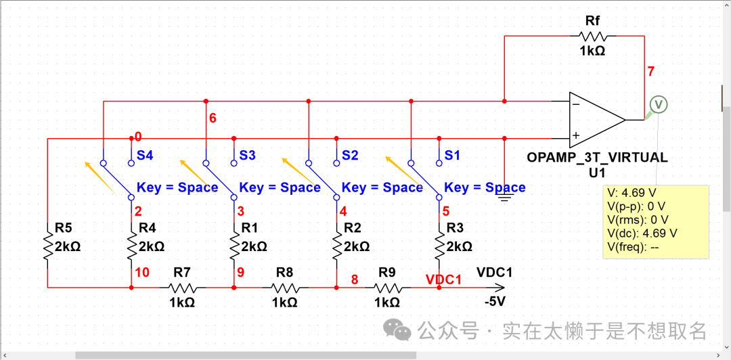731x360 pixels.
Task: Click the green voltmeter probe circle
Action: [x=658, y=104]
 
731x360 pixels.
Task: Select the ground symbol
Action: [x=504, y=196]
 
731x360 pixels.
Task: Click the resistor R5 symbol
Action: [x=48, y=247]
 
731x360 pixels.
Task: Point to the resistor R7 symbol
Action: [x=182, y=288]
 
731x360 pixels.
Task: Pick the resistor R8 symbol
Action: [x=285, y=288]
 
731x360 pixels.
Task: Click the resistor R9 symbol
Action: [x=387, y=288]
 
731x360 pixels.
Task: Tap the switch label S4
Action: [x=145, y=156]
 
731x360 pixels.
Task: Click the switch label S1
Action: [x=452, y=156]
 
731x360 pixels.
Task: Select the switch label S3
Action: [x=247, y=156]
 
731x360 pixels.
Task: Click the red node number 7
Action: [x=650, y=71]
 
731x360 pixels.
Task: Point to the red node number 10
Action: [x=142, y=273]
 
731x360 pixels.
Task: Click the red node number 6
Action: [x=213, y=118]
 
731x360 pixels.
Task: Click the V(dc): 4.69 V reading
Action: [x=642, y=233]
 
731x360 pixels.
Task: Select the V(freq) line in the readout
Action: [x=634, y=247]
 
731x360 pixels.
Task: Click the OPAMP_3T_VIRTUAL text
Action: [x=597, y=158]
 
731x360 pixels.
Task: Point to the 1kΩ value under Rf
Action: [x=592, y=51]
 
